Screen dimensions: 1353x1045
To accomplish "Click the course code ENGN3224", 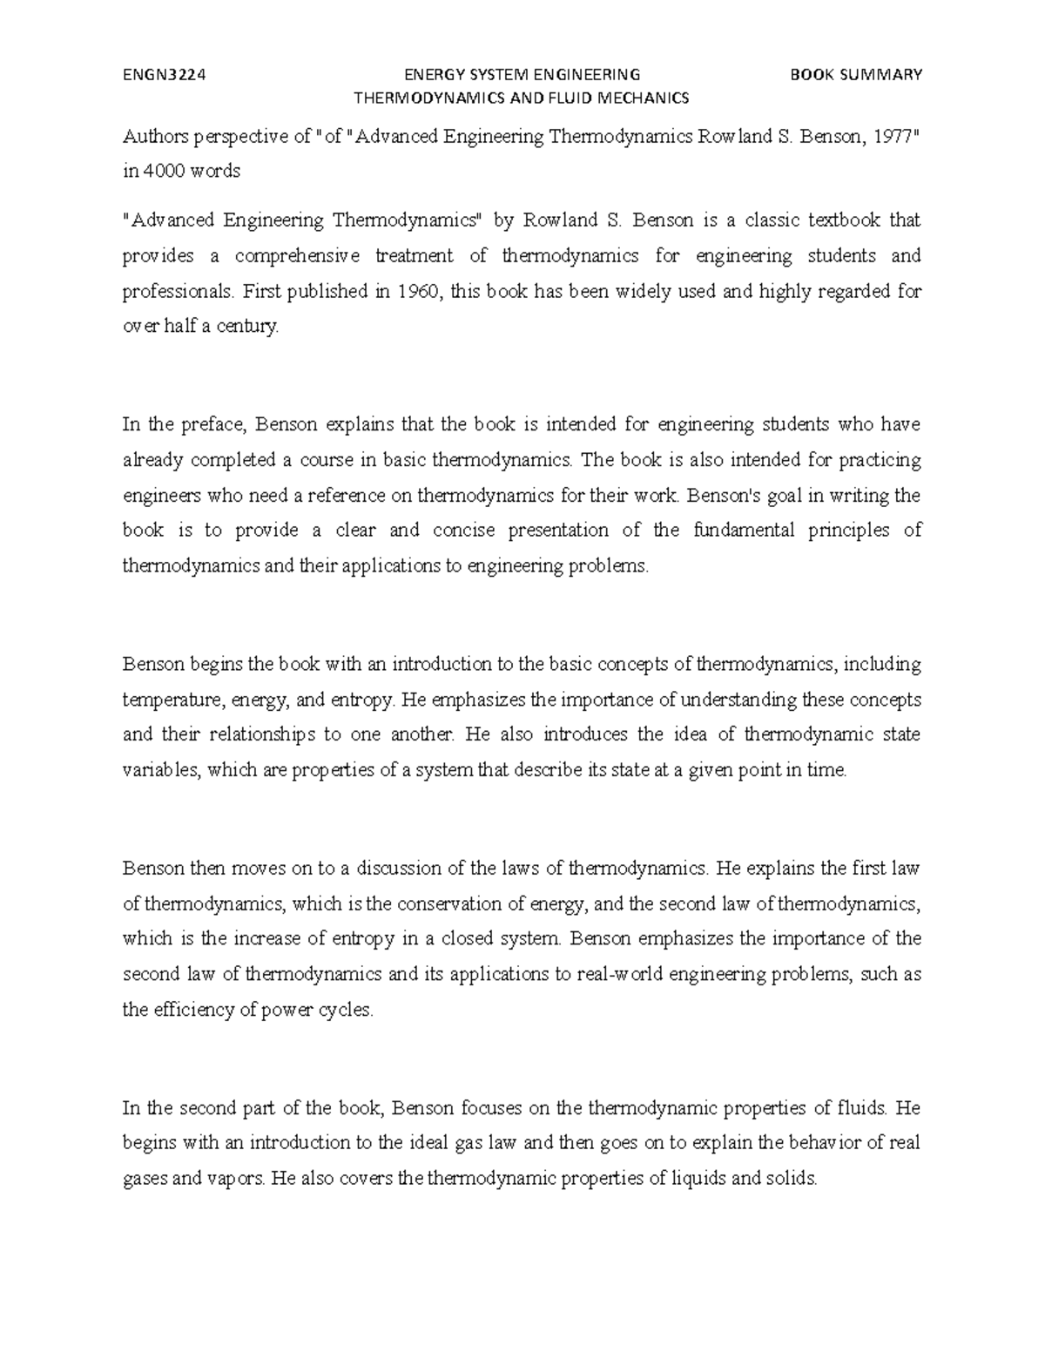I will [164, 75].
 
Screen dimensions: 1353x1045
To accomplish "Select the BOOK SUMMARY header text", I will [855, 75].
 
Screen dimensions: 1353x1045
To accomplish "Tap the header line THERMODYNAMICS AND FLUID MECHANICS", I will [519, 98].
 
